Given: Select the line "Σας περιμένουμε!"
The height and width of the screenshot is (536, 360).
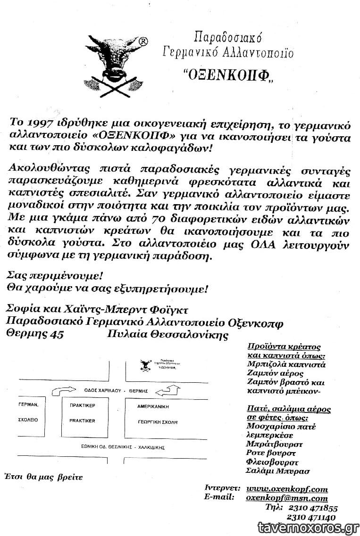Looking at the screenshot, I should pyautogui.click(x=55, y=275).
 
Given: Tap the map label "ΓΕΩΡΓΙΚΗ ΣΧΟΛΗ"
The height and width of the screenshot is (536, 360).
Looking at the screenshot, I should pyautogui.click(x=158, y=422).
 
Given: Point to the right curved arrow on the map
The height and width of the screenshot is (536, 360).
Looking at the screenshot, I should pyautogui.click(x=168, y=390).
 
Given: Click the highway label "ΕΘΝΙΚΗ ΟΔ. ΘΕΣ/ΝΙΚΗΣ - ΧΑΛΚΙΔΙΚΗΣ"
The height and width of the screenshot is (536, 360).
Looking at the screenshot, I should pyautogui.click(x=118, y=445).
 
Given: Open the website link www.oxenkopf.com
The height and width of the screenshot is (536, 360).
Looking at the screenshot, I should pyautogui.click(x=287, y=489).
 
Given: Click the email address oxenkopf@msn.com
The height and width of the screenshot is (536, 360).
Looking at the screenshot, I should pyautogui.click(x=287, y=498).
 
